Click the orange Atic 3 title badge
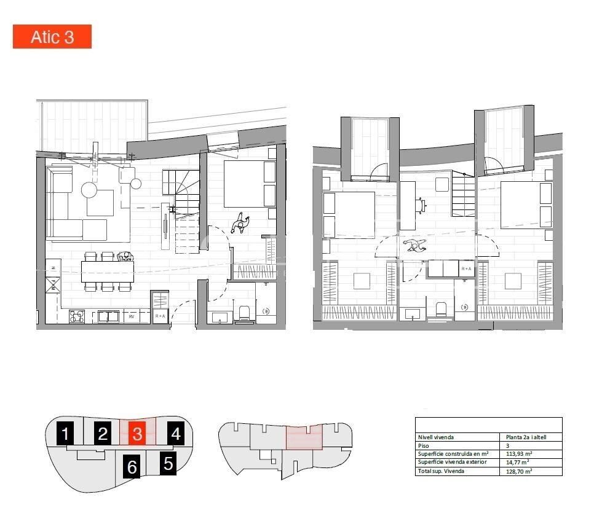52,37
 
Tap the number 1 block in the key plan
65,434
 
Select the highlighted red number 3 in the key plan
137,434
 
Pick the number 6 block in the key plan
132,467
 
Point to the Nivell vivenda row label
436,437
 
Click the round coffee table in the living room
90,190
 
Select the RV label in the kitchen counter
132,317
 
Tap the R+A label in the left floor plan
160,316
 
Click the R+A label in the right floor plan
467,269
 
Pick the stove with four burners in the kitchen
77,317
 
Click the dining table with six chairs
108,271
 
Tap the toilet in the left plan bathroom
244,314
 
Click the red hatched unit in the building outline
304,438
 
